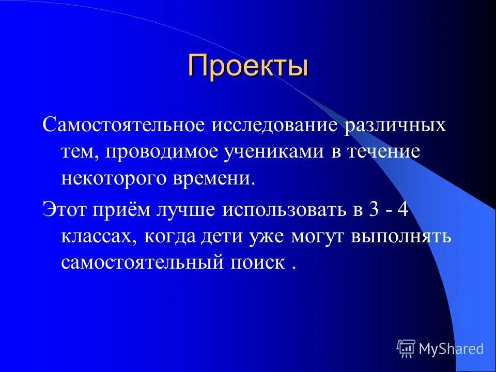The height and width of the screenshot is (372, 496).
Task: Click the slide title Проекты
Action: pyautogui.click(x=248, y=66)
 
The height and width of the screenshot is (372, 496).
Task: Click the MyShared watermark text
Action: pyautogui.click(x=451, y=349)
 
